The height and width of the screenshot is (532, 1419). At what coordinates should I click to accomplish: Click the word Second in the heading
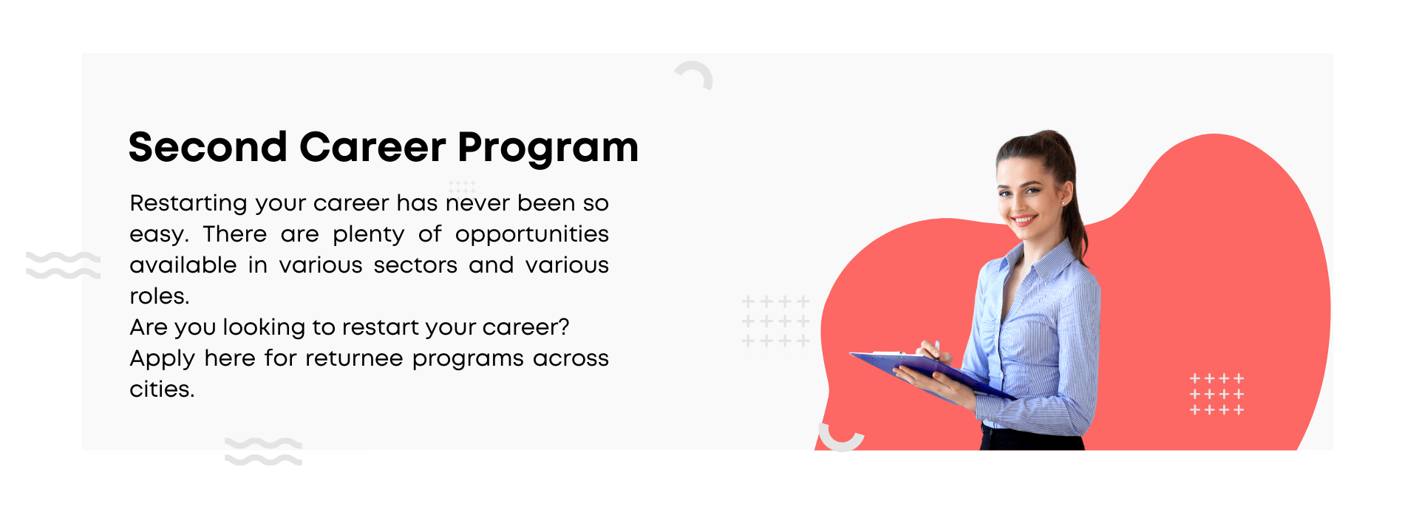pos(208,147)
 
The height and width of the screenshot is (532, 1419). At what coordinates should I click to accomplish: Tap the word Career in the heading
pos(372,147)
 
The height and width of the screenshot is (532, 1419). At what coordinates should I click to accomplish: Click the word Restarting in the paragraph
pos(188,204)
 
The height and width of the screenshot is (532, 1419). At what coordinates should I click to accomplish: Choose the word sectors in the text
pos(415,265)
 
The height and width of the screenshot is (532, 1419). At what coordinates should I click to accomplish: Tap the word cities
pos(162,389)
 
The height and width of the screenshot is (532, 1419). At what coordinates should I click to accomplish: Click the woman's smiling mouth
pos(1024,219)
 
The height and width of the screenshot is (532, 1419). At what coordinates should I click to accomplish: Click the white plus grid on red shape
pos(1216,394)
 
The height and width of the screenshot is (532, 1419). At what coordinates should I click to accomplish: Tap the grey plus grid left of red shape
pos(775,321)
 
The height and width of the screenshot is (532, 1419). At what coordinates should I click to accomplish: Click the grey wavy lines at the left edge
pos(63,265)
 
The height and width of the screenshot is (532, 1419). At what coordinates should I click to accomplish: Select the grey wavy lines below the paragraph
pos(263,451)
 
